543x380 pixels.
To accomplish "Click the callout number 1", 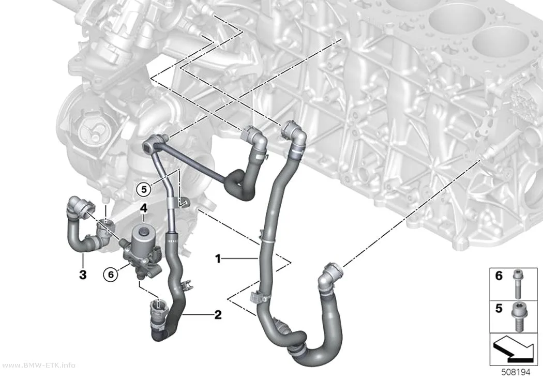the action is coord(218,259).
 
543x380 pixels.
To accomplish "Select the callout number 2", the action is coord(218,314).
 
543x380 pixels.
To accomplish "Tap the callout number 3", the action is coord(83,275).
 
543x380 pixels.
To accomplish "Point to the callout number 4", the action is coord(144,208).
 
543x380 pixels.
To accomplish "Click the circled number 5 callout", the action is coord(144,189).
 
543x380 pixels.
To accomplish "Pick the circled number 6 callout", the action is coord(111,275).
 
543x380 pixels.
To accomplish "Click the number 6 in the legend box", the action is coord(499,276).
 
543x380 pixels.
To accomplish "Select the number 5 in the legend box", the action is coord(499,308).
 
